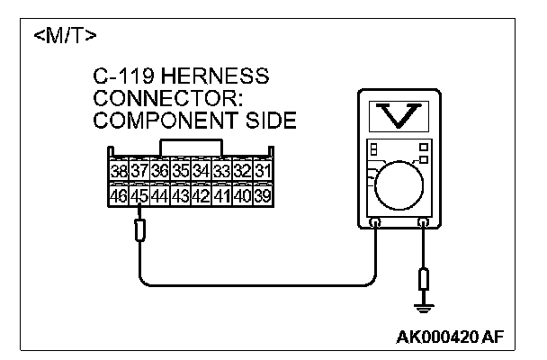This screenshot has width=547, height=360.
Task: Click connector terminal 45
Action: click(x=139, y=194)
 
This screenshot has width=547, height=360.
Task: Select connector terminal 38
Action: click(x=119, y=170)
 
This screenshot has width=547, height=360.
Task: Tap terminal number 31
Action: click(x=263, y=170)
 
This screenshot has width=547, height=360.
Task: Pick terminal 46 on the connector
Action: click(x=119, y=194)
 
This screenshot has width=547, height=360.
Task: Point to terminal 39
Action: click(x=263, y=194)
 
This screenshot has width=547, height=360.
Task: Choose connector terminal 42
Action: click(x=201, y=194)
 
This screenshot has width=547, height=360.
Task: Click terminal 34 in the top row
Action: click(x=201, y=170)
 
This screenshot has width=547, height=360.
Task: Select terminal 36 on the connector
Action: click(x=160, y=170)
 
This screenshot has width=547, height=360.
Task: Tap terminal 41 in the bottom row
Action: click(x=221, y=194)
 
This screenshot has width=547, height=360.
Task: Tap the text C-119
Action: click(x=119, y=76)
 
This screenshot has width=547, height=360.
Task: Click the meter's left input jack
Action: click(x=373, y=221)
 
